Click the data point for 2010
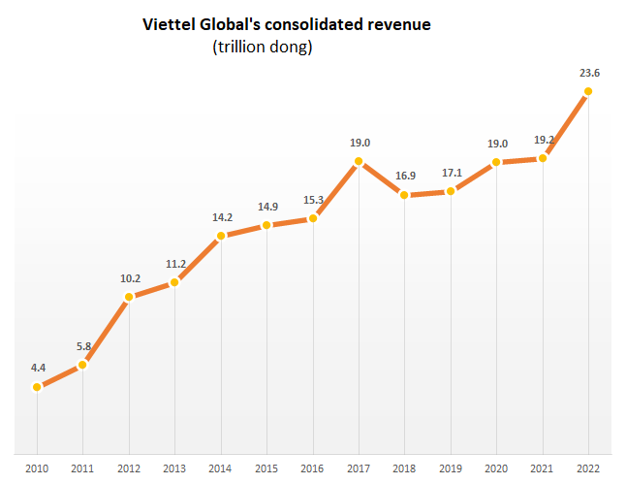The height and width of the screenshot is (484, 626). (x=37, y=387)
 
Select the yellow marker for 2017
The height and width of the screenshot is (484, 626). (x=359, y=161)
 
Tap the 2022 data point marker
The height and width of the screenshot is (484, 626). (x=588, y=92)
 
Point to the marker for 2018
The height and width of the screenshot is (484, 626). (x=404, y=196)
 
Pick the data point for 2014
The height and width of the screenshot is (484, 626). (x=221, y=236)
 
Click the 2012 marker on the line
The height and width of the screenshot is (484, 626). (x=129, y=297)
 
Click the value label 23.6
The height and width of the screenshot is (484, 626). (x=588, y=71)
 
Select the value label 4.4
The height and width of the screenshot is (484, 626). (x=38, y=368)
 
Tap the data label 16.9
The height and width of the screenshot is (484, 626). (x=404, y=176)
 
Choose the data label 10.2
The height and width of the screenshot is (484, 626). (x=130, y=277)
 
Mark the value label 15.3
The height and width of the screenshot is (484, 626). (x=312, y=200)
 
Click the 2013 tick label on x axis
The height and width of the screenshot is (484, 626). (x=174, y=468)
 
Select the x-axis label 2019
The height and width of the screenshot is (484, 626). (x=450, y=468)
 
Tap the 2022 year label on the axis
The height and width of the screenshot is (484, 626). (x=587, y=468)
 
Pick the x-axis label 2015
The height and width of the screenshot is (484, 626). (x=266, y=468)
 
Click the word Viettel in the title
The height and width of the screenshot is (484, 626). (x=170, y=24)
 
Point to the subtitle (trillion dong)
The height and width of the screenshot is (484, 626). (x=263, y=47)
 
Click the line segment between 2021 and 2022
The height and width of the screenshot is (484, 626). (x=565, y=125)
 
